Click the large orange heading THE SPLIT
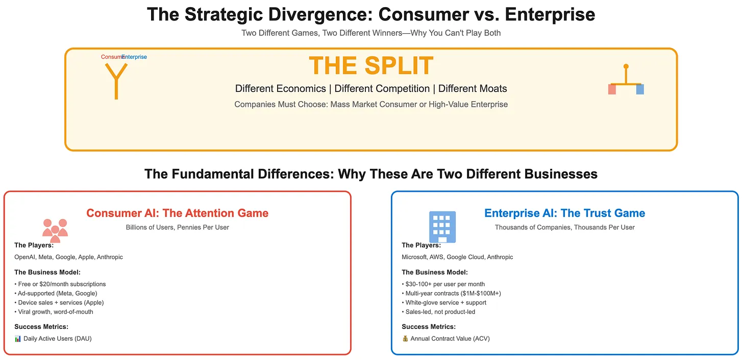tap(371, 66)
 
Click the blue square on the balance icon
tap(640, 89)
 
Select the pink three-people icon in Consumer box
tap(55, 230)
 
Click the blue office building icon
tap(442, 227)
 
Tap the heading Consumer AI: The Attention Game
tap(177, 213)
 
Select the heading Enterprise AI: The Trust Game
tap(564, 213)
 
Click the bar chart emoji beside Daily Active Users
tap(18, 339)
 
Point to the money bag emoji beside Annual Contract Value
tap(405, 339)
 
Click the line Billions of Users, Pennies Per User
tap(177, 227)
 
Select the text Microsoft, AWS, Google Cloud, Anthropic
tap(457, 257)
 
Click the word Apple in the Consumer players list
tap(86, 257)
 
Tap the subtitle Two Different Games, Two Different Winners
tap(371, 33)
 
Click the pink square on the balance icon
tap(612, 89)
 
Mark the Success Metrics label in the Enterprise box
tap(428, 327)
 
